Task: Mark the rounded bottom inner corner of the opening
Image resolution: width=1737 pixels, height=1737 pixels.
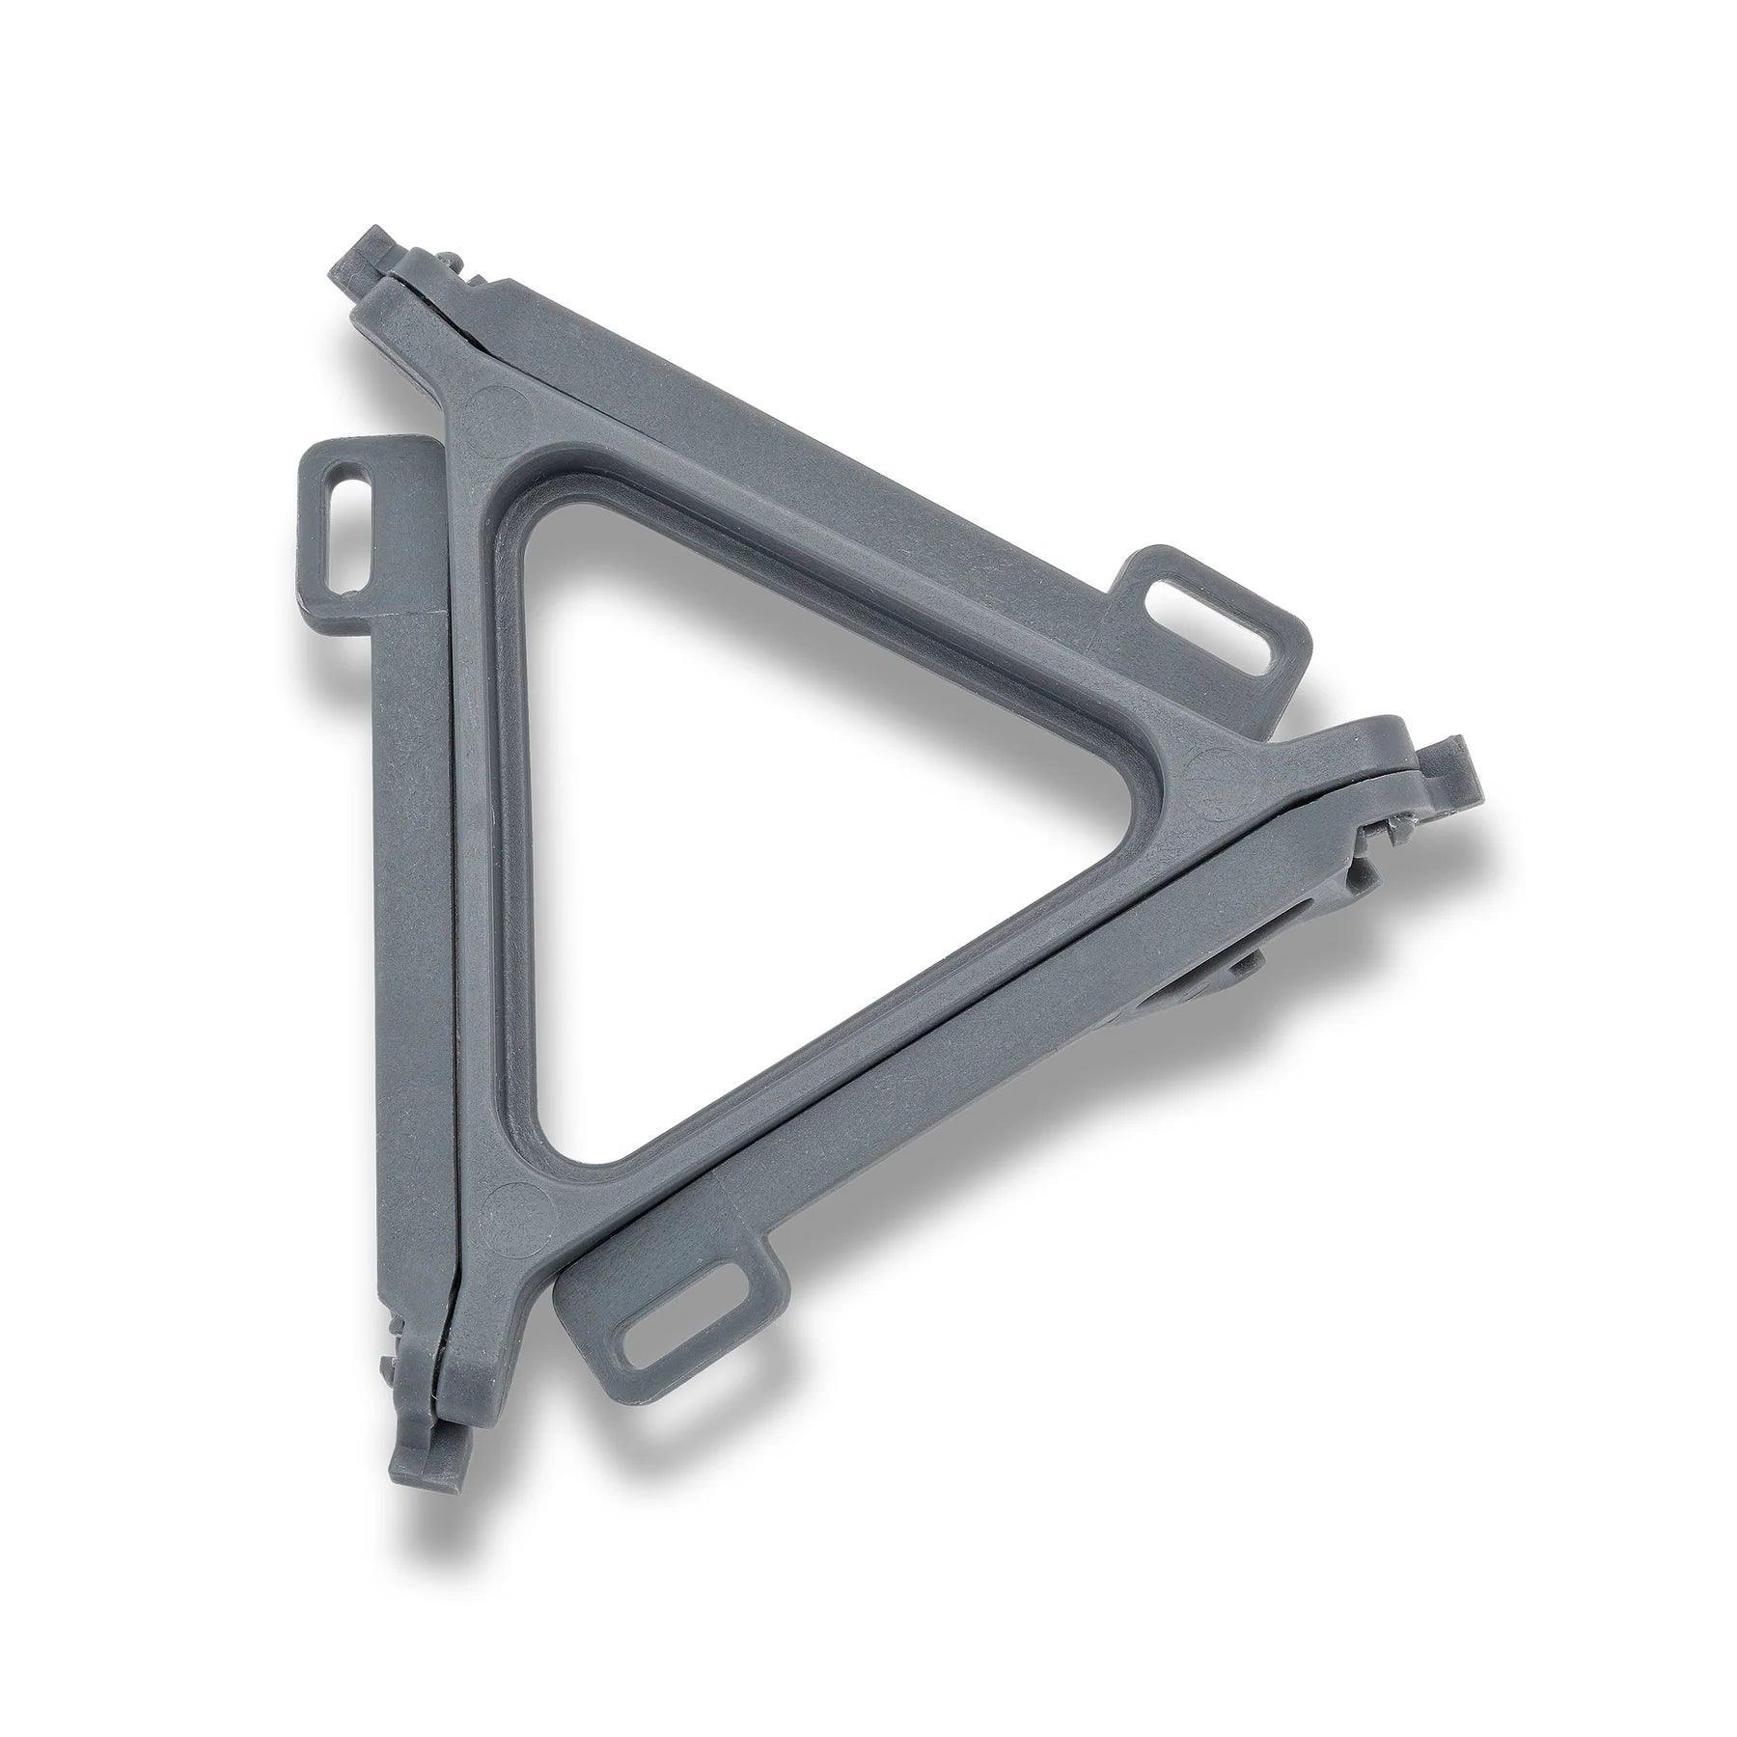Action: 569,1139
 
